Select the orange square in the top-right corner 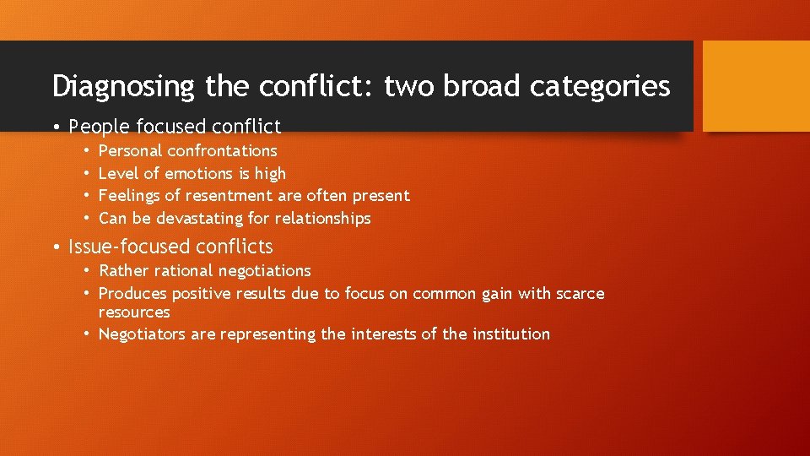coord(755,86)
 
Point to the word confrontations coord(222,151)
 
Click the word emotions coord(195,174)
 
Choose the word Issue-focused coord(129,247)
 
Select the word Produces coord(132,294)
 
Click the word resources coord(134,312)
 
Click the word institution coord(509,334)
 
